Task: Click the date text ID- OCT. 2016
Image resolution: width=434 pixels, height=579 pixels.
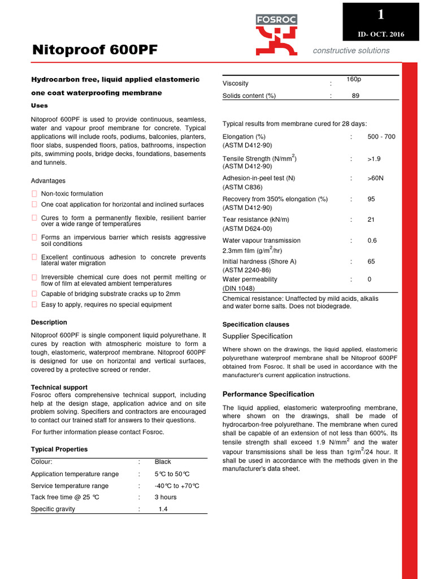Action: point(380,35)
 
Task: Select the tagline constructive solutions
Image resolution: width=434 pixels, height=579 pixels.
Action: point(351,51)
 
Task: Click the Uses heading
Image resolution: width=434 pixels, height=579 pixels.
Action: point(39,106)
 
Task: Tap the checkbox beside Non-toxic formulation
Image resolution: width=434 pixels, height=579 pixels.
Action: point(34,194)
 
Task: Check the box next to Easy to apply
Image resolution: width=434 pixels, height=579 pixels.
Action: point(34,305)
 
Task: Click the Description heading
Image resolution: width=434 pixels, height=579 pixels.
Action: point(49,322)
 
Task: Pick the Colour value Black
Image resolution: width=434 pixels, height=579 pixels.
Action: point(163,462)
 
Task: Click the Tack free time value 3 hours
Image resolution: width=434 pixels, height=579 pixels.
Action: point(166,498)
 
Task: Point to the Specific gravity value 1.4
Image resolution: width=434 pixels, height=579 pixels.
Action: point(163,509)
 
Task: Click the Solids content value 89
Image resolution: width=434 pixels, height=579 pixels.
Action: point(355,96)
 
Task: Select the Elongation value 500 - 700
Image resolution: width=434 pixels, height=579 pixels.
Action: point(381,137)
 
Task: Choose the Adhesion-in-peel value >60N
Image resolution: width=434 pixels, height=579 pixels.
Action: point(375,178)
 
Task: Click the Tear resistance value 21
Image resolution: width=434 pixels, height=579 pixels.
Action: point(371,220)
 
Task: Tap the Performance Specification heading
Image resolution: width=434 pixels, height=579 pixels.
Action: point(268,394)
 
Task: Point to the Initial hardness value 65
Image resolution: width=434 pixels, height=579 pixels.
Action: point(371,262)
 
